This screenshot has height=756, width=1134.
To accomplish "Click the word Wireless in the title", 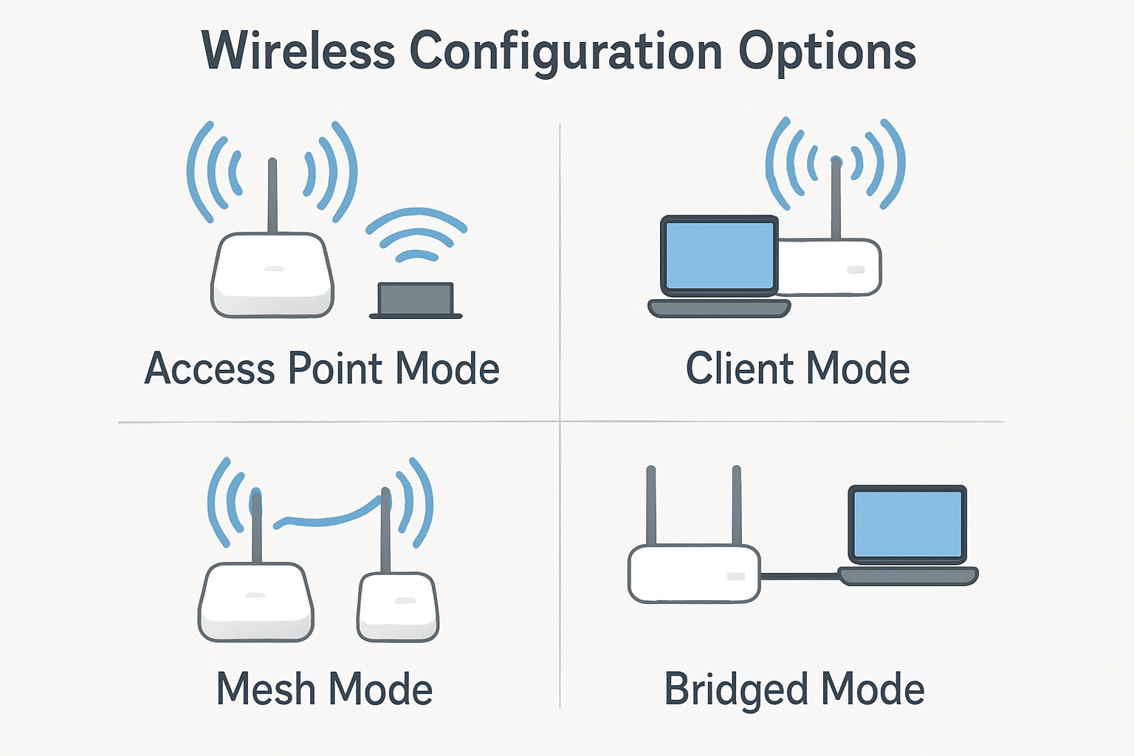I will (298, 52).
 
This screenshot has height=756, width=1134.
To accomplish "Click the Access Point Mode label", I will (322, 368).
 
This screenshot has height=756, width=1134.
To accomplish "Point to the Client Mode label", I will (797, 368).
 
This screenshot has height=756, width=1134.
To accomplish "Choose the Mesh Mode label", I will (324, 689).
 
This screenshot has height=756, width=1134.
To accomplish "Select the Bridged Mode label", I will (794, 689).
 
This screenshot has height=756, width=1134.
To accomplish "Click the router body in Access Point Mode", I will (272, 276).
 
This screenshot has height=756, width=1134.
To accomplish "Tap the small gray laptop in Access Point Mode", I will (416, 300).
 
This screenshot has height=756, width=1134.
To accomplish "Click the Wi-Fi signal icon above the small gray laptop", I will (416, 235).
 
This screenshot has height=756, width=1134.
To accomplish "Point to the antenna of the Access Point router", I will (272, 196).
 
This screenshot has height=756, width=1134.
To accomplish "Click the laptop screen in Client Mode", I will (719, 255).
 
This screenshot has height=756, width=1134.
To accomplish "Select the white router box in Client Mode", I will (831, 267).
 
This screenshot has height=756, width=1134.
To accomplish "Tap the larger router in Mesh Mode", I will (256, 602).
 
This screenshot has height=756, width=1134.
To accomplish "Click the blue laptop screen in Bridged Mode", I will (907, 523).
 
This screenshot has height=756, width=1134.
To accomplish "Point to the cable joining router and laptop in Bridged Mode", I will (799, 576).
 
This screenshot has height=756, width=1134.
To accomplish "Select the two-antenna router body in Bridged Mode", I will (694, 574).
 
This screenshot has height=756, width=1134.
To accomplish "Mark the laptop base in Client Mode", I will (719, 308).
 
